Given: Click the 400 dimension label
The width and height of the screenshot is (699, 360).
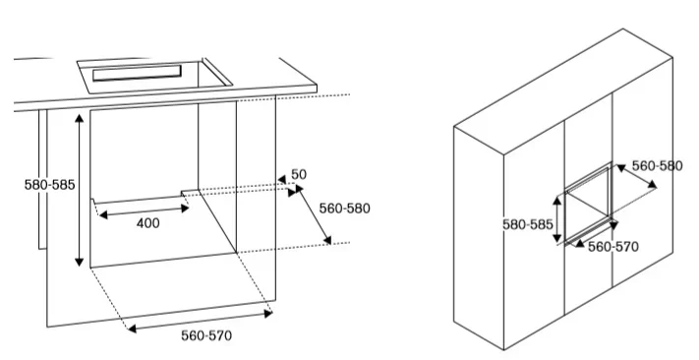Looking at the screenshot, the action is coord(148,223).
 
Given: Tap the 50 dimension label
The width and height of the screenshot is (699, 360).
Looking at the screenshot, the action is coord(299,174).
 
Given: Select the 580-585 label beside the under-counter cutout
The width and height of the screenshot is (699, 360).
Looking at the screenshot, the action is coord(49,185).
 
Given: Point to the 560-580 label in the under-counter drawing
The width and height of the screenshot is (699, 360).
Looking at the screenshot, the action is coord(345,209).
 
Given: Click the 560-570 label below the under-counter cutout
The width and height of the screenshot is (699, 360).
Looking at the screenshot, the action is coord(206,335).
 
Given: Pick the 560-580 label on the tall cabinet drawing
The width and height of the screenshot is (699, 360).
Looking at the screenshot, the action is coord(657,166).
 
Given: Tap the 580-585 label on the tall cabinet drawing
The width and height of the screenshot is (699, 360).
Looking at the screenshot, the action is coord(528,224).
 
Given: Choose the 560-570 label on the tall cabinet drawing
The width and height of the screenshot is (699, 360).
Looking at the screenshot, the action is coord(613,247).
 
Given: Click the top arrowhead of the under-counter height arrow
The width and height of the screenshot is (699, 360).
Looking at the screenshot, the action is coord(79,118).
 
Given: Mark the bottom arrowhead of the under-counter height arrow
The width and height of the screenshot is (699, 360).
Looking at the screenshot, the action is coord(79,262).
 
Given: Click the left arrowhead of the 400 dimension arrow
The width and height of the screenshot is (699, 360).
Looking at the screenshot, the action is coord(103,215).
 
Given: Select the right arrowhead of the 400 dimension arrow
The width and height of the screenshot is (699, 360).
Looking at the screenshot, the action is coord(185,209).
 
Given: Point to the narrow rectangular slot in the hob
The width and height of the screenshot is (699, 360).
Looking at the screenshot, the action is coord(137,73).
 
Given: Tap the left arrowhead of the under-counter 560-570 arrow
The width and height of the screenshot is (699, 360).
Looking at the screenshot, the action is coord(132,329).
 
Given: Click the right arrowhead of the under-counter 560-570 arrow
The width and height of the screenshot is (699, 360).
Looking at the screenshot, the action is coord(268,314).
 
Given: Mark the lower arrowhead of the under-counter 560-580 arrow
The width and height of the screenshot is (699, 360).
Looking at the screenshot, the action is coord(327,240).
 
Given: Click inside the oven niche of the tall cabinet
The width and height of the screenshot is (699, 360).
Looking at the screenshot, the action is coord(588,205).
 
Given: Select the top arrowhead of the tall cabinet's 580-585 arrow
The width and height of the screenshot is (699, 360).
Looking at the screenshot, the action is coord(557,201).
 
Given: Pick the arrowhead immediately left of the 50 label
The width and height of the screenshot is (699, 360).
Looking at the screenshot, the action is coord(282,179).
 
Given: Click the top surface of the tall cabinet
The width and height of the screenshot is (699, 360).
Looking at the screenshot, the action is coord(564,91).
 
